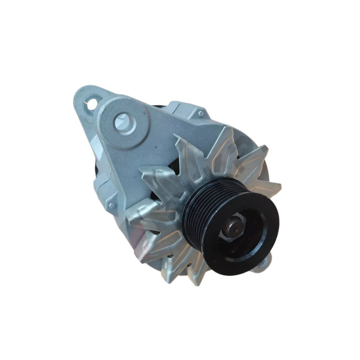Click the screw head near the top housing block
pos(200,114)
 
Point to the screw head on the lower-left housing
pos(112,206)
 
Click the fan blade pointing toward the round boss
pos(155,172)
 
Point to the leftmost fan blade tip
pos(129,220)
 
